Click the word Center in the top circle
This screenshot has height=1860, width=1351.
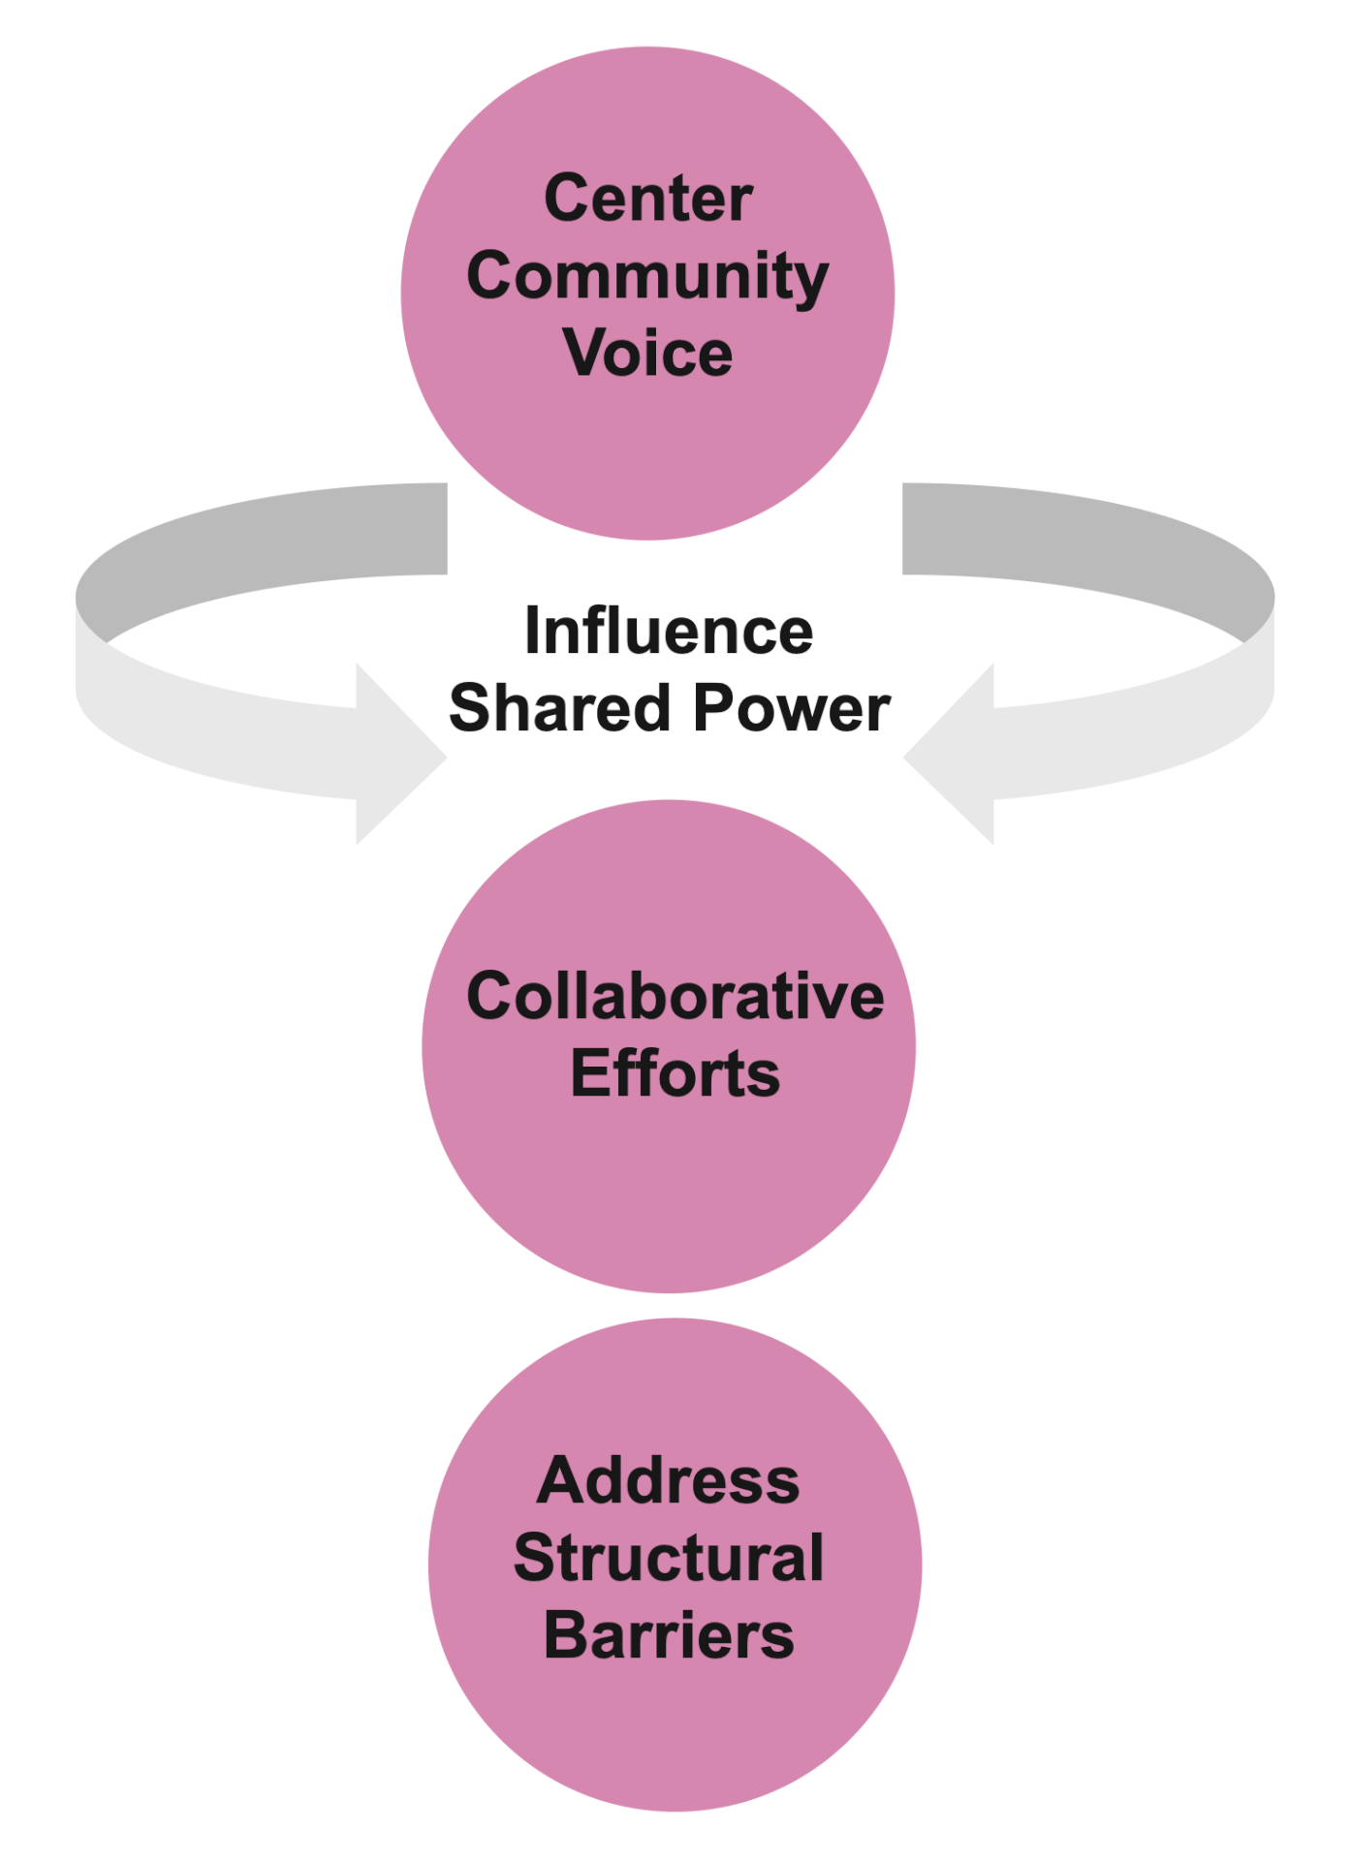pos(648,199)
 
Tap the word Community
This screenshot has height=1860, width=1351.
pos(647,278)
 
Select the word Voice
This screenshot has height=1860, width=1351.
pos(647,353)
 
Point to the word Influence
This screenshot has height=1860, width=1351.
pos(669,632)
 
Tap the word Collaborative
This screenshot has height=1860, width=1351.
pos(675,996)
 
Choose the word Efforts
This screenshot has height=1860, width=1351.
pos(675,1073)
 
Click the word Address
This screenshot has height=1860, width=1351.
pos(669,1481)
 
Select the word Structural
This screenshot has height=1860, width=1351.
pos(669,1558)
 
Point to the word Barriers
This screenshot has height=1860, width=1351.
pos(669,1635)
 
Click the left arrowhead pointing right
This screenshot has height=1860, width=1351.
pos(397,755)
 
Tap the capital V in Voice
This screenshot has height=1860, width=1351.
pos(585,353)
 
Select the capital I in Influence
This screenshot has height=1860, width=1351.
pos(532,632)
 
